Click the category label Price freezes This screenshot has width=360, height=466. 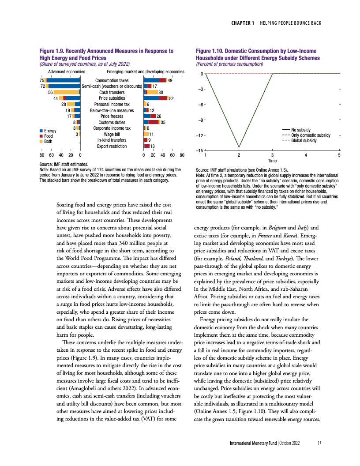[x=112, y=116]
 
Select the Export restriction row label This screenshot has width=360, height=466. [x=112, y=146]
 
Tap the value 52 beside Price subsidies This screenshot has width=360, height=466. [x=171, y=98]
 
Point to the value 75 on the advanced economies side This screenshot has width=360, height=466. [x=41, y=80]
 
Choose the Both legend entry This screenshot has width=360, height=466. [x=48, y=142]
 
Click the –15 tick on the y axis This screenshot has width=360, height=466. [x=199, y=151]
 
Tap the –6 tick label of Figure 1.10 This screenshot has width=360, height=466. [x=199, y=105]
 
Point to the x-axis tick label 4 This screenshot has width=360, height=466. [x=306, y=156]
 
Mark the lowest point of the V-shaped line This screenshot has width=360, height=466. [x=239, y=147]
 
